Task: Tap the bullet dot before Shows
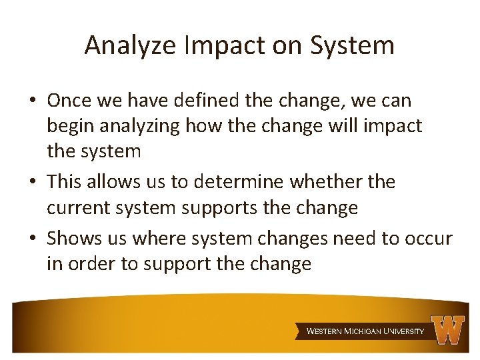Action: click(x=32, y=239)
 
